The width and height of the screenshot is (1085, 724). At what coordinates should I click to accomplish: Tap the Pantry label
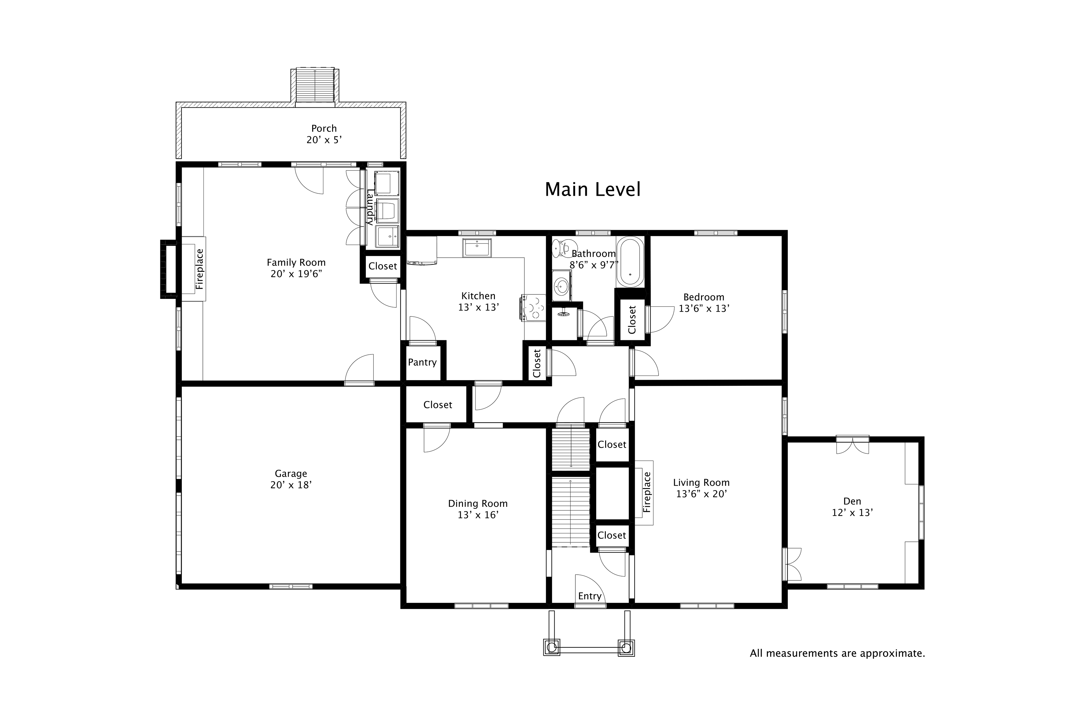pos(422,363)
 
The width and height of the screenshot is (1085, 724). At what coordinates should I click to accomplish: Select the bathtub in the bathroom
pos(630,262)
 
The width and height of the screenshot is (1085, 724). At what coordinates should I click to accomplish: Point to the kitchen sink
pos(477,248)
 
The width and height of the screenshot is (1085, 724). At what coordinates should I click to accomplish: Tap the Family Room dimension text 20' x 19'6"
pos(296,274)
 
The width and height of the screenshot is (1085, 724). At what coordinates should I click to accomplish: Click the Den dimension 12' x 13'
pos(852,513)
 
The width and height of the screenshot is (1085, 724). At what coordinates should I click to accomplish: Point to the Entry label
pos(590,596)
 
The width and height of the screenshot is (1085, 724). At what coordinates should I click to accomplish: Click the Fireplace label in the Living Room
pos(647,492)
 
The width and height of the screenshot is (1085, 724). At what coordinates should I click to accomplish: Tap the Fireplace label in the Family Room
pos(199,269)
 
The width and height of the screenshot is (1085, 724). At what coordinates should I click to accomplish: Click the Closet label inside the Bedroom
pos(632,319)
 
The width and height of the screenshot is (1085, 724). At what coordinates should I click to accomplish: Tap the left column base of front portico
pos(551,648)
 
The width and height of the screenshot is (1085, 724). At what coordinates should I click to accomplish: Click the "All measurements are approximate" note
pos(837,653)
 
